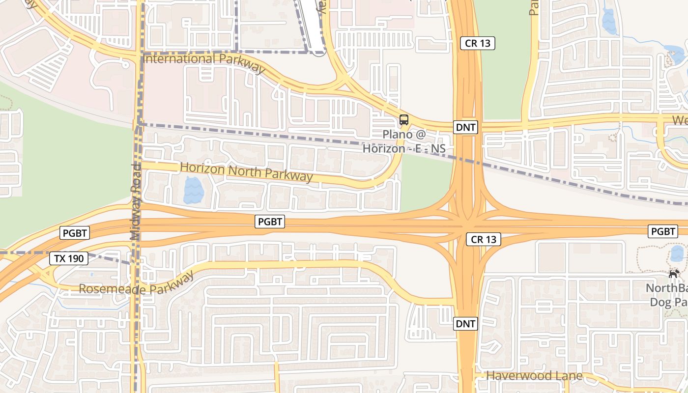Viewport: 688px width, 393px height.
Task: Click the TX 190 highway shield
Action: coord(69,258)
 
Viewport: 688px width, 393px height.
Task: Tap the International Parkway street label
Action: coord(204,61)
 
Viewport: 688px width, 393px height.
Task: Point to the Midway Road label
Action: coord(136,201)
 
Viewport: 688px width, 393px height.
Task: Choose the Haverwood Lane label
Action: coord(534,376)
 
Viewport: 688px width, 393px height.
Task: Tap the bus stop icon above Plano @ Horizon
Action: coord(403,119)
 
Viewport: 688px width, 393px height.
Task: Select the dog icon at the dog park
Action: coord(674,274)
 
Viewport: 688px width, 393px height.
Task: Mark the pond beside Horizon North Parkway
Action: coord(192,191)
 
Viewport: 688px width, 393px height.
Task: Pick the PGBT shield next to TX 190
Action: coord(74,233)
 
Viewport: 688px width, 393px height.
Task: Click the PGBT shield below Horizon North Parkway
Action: coord(270,222)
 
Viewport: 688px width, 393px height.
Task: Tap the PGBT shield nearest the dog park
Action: coord(662,231)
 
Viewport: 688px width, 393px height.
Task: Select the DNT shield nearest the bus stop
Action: coord(466,128)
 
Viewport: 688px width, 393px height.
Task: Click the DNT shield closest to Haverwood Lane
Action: coord(465,324)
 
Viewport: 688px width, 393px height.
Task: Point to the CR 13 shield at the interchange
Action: coord(484,239)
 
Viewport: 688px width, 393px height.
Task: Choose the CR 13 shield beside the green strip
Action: coord(478,43)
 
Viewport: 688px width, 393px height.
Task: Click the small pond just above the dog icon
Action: coord(677,253)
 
